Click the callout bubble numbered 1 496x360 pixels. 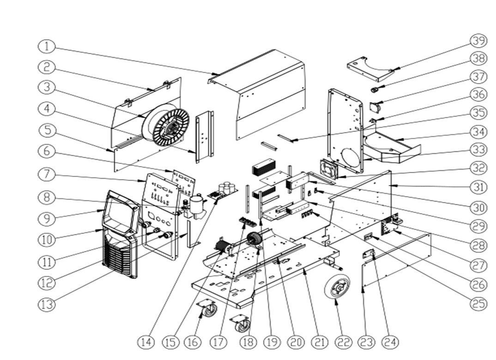click(47, 46)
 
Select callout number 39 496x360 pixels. click(479, 41)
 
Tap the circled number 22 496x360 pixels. click(343, 342)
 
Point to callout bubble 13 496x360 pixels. click(47, 304)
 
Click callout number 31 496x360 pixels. click(479, 187)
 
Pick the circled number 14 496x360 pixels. click(146, 342)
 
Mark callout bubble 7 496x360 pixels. click(47, 174)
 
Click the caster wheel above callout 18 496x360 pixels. click(241, 323)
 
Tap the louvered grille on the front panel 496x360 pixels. click(119, 258)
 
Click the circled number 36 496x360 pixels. click(479, 94)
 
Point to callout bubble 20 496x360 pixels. click(296, 342)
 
